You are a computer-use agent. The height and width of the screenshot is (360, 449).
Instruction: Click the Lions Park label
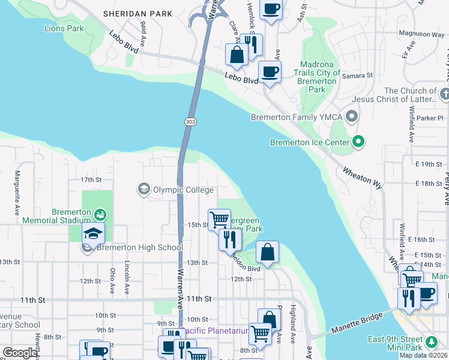click(x=64, y=28)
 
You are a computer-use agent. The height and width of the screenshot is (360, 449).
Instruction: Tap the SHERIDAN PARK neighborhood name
click(x=137, y=13)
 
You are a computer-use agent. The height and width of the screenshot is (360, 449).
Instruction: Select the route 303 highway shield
click(x=188, y=121)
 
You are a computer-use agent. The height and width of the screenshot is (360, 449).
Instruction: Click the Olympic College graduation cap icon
click(x=143, y=190)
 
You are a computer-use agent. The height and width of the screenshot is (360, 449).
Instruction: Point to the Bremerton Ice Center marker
click(x=359, y=142)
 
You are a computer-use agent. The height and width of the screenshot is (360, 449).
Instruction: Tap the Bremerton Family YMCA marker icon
click(x=352, y=116)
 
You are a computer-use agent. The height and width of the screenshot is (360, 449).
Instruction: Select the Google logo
click(x=20, y=353)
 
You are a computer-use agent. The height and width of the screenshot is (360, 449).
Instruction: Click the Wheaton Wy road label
click(x=362, y=178)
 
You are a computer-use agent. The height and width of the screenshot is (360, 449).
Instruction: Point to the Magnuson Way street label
click(x=421, y=35)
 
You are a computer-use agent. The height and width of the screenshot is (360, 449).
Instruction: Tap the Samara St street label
click(x=357, y=76)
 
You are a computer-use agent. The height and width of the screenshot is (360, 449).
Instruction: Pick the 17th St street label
click(x=91, y=179)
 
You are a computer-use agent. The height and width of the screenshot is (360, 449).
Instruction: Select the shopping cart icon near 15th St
click(x=219, y=220)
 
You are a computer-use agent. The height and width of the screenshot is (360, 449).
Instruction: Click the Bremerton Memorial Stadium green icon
click(x=100, y=214)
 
